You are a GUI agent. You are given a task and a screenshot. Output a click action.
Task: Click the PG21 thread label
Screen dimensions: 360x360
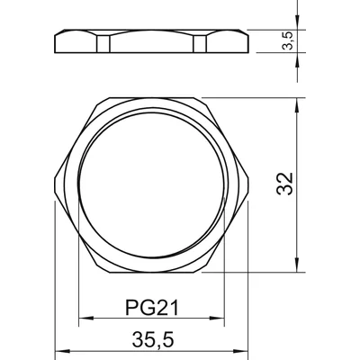[152, 308]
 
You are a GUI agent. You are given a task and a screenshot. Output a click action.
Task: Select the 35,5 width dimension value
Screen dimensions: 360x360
[153, 340]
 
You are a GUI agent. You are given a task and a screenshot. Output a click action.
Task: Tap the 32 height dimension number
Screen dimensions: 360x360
[284, 184]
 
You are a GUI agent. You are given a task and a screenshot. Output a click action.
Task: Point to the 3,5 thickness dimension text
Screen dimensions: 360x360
[288, 40]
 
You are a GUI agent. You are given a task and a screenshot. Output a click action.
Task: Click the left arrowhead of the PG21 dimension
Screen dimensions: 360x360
[85, 318]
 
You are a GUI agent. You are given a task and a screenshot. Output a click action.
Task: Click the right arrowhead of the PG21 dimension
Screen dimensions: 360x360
[217, 318]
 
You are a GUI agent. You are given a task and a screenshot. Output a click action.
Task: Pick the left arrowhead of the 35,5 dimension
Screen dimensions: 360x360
[62, 351]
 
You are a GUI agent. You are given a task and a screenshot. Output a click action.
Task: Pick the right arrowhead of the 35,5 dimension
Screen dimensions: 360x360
[241, 351]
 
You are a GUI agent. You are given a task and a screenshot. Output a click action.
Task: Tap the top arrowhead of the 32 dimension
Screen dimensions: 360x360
[297, 105]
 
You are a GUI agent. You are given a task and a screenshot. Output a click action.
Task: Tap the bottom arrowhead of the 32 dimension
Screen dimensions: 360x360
[297, 265]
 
